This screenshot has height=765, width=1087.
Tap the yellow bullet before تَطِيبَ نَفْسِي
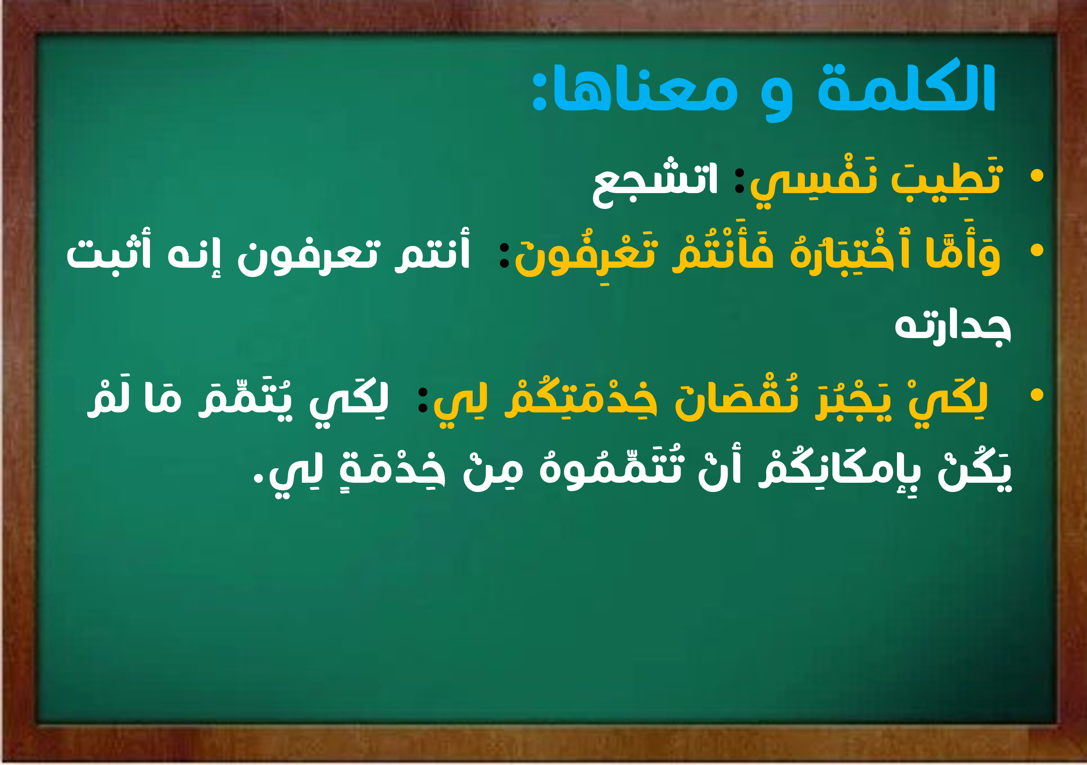1037,175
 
